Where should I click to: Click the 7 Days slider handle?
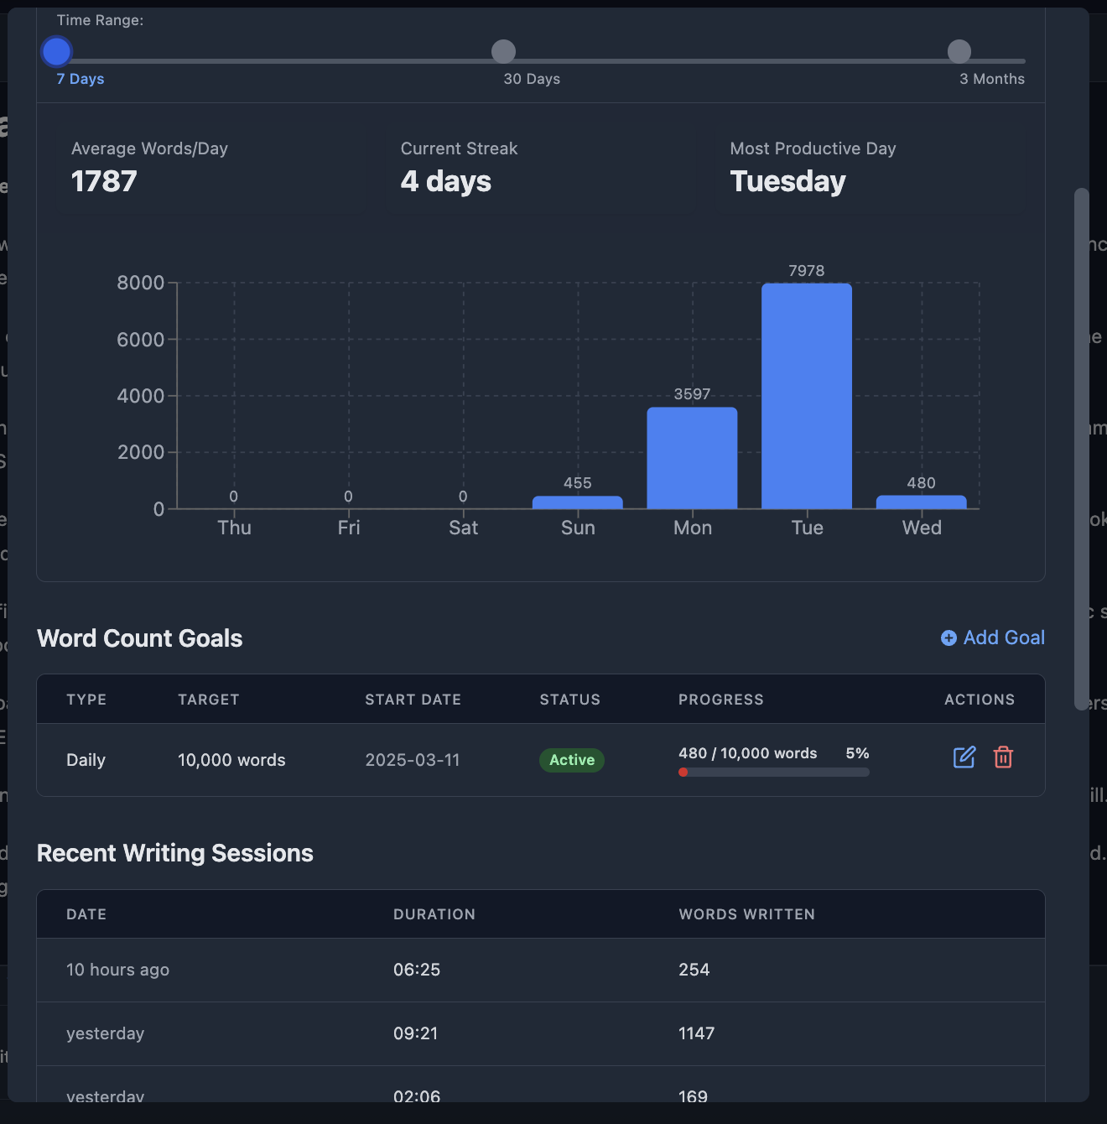[x=56, y=52]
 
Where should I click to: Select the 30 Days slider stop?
[x=503, y=52]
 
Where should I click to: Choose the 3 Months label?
[x=991, y=79]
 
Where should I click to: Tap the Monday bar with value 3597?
[x=692, y=458]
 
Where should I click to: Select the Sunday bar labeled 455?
[x=578, y=502]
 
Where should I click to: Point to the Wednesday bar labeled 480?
[x=921, y=502]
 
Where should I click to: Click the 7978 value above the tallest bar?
[x=807, y=271]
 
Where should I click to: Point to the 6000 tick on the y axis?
[x=141, y=340]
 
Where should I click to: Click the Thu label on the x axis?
[x=234, y=528]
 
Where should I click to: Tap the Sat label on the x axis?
[x=463, y=528]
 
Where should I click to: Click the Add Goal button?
[x=993, y=638]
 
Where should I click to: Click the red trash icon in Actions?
[x=1003, y=757]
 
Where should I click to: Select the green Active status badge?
[x=572, y=760]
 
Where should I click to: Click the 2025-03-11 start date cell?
[x=413, y=760]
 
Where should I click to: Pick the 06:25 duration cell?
[x=417, y=970]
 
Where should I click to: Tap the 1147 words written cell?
[x=696, y=1033]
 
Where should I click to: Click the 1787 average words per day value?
[x=104, y=181]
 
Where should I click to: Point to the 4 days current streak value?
[x=446, y=181]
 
